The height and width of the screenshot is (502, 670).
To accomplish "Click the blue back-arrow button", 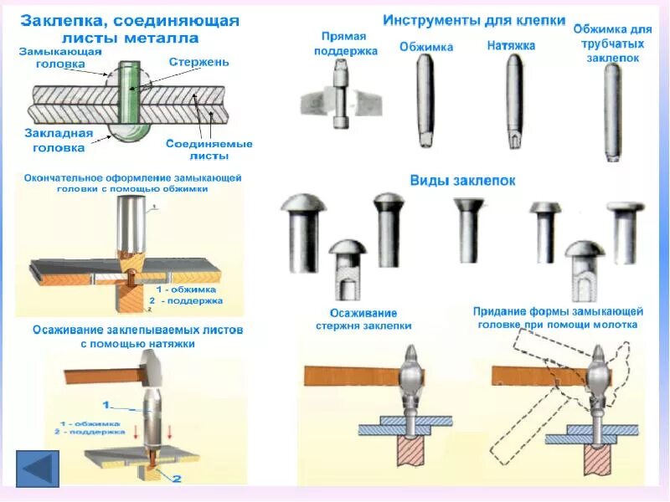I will (38, 469).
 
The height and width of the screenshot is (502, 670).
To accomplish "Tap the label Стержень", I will (194, 62).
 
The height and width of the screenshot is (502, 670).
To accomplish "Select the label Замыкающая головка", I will (60, 57).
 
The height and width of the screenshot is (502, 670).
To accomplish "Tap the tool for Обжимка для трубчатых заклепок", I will (613, 110).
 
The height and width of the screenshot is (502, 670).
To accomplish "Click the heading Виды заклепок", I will (462, 180).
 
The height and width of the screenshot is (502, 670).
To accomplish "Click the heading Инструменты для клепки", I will (474, 20).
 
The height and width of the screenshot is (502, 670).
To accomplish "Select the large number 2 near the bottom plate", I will (177, 478).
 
